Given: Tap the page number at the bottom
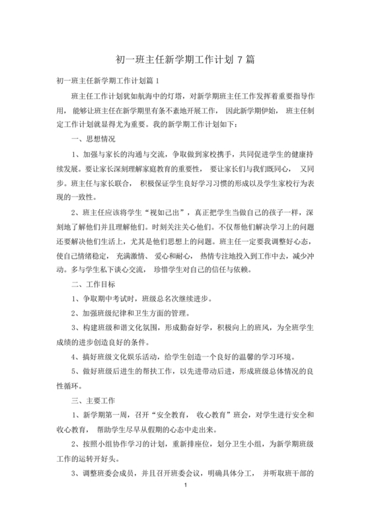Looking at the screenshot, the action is [186, 486].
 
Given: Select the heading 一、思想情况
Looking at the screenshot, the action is [92, 139].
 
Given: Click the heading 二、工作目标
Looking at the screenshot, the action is [92, 285].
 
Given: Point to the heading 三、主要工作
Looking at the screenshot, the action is [92, 400].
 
